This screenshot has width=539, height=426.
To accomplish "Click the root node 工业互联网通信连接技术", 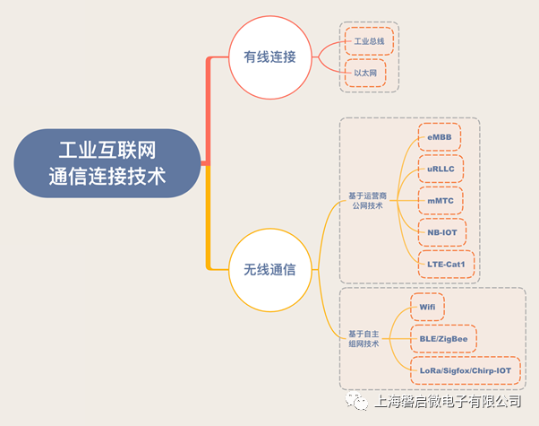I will coord(107,162).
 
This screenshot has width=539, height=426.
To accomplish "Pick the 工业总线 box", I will coord(370,41).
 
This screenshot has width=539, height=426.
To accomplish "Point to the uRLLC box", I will coord(441,169).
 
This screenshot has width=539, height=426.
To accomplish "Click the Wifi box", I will coord(427,307).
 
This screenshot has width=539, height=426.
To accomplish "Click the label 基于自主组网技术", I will coord(364,338).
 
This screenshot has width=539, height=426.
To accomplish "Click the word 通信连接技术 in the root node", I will coord(107,176).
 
